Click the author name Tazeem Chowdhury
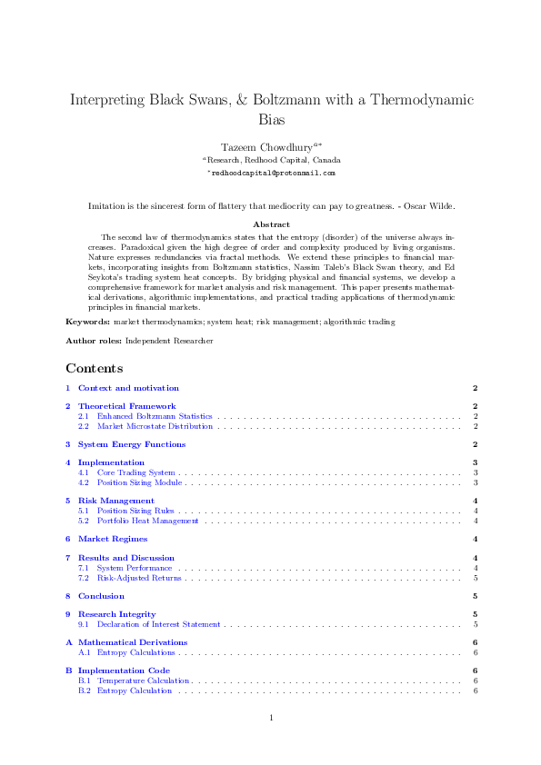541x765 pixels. (x=266, y=146)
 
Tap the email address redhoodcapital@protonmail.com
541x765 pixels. (x=271, y=172)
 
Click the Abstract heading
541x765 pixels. (x=270, y=224)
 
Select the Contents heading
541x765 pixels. (x=94, y=368)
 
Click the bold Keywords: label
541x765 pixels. (x=87, y=322)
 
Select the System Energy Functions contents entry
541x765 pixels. (x=131, y=444)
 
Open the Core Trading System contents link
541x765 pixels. (x=135, y=472)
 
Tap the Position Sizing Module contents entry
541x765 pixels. (x=139, y=482)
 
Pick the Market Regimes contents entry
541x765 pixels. (x=112, y=539)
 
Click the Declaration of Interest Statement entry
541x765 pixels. (x=158, y=624)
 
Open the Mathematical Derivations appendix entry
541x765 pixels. (x=132, y=642)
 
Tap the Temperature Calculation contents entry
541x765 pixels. (x=143, y=681)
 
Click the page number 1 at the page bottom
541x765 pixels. (x=271, y=719)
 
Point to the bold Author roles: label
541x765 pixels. (x=93, y=341)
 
